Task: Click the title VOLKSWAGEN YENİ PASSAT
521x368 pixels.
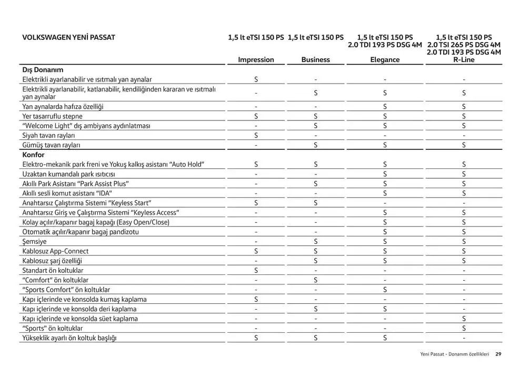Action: (x=68, y=37)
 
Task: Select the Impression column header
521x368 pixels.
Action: (x=256, y=60)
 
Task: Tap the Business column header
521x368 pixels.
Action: (x=316, y=60)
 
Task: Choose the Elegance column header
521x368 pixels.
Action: (x=385, y=60)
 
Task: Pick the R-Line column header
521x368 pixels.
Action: (x=464, y=60)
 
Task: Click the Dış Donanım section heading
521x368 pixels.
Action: (x=43, y=69)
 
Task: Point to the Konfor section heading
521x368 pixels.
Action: (x=33, y=155)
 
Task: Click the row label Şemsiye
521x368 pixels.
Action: (x=34, y=241)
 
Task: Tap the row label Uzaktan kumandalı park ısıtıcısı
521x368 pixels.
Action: (x=68, y=174)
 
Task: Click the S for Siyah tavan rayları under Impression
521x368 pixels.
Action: (x=256, y=136)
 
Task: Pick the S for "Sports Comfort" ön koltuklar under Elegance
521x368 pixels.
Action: (x=385, y=290)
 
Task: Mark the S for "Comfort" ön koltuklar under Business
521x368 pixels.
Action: (x=316, y=280)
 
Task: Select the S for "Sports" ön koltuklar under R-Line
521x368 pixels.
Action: (x=464, y=329)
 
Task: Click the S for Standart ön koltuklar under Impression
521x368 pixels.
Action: (x=256, y=271)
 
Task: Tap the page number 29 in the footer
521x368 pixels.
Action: (x=498, y=354)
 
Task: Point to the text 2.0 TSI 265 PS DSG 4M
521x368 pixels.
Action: (x=464, y=45)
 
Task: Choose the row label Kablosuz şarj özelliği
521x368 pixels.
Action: (x=52, y=261)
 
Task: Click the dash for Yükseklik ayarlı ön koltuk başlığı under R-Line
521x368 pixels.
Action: (x=464, y=338)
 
